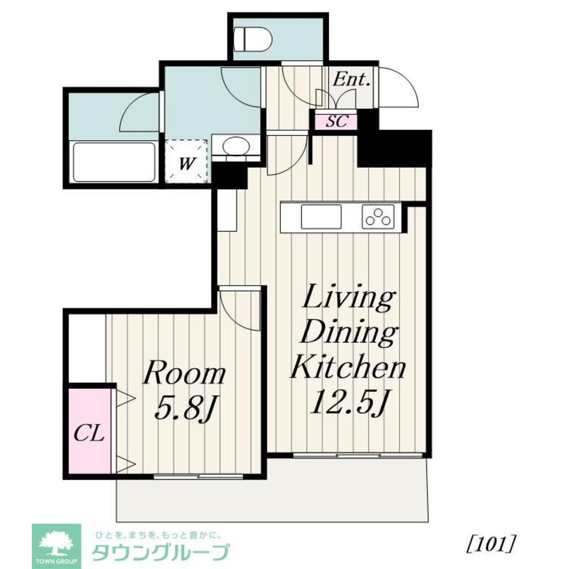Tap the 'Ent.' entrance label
point(351,80)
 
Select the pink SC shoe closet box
point(335,122)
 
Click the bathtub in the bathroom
point(115,162)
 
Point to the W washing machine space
point(186,162)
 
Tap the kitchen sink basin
point(321,217)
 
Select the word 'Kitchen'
point(348,368)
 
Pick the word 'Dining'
point(348,333)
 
